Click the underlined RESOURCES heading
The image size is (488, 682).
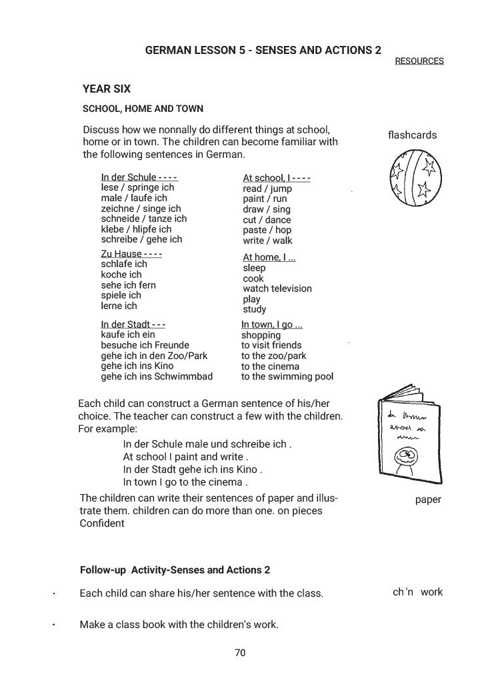419,61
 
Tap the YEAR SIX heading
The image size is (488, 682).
107,89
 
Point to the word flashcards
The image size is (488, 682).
412,135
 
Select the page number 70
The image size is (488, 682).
240,653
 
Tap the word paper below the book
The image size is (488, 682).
428,500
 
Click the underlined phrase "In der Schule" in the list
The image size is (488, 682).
129,177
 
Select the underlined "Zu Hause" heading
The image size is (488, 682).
121,254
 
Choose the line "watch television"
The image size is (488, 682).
277,288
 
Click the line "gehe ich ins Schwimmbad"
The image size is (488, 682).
157,376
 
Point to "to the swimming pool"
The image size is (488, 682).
287,376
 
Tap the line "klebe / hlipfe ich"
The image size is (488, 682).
136,229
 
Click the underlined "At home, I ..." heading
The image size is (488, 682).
269,257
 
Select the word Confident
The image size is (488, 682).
102,523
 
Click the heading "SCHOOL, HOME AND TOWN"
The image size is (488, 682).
143,109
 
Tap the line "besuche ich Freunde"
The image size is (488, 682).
145,345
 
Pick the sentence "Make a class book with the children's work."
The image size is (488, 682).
179,625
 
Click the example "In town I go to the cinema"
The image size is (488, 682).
185,482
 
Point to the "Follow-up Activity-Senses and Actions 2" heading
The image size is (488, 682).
175,570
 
